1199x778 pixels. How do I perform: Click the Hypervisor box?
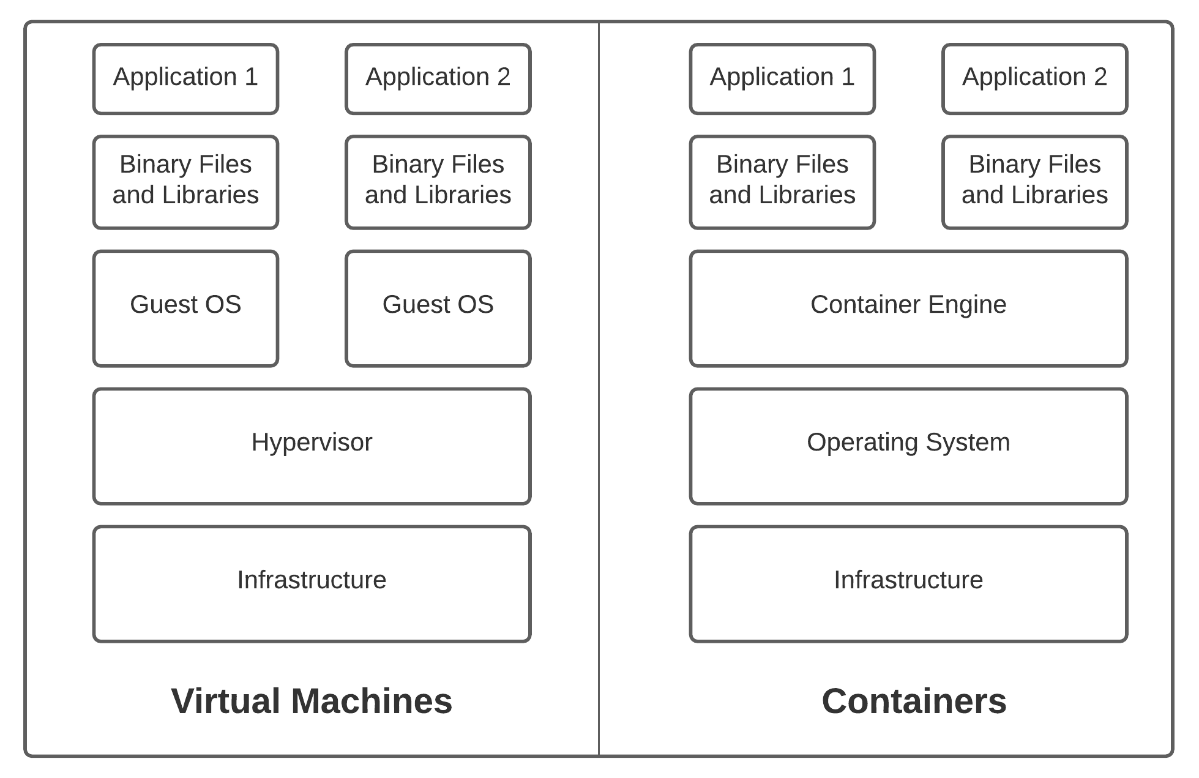pyautogui.click(x=312, y=446)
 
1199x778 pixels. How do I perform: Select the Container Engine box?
pyautogui.click(x=908, y=308)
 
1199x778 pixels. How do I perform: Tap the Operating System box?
pyautogui.click(x=908, y=446)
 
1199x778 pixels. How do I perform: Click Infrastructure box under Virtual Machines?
pyautogui.click(x=312, y=583)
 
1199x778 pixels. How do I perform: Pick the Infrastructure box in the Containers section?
pyautogui.click(x=908, y=583)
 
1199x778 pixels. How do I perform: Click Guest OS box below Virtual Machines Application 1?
pyautogui.click(x=185, y=308)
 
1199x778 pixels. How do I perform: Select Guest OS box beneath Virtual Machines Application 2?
pyautogui.click(x=438, y=308)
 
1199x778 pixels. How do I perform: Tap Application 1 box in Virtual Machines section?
pyautogui.click(x=185, y=78)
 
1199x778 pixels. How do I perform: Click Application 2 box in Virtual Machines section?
pyautogui.click(x=438, y=78)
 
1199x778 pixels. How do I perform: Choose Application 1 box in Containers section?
pyautogui.click(x=782, y=78)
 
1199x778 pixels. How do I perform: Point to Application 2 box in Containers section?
pyautogui.click(x=1034, y=78)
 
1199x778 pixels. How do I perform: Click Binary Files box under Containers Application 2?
pyautogui.click(x=1034, y=182)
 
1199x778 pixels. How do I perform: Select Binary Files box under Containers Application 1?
pyautogui.click(x=782, y=182)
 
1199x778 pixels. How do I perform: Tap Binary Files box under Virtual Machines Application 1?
pyautogui.click(x=185, y=182)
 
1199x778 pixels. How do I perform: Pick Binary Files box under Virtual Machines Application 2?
pyautogui.click(x=438, y=182)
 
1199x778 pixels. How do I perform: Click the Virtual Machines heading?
pyautogui.click(x=312, y=701)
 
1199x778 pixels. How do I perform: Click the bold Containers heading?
pyautogui.click(x=914, y=701)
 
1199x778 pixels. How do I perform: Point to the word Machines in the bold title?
pyautogui.click(x=372, y=701)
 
